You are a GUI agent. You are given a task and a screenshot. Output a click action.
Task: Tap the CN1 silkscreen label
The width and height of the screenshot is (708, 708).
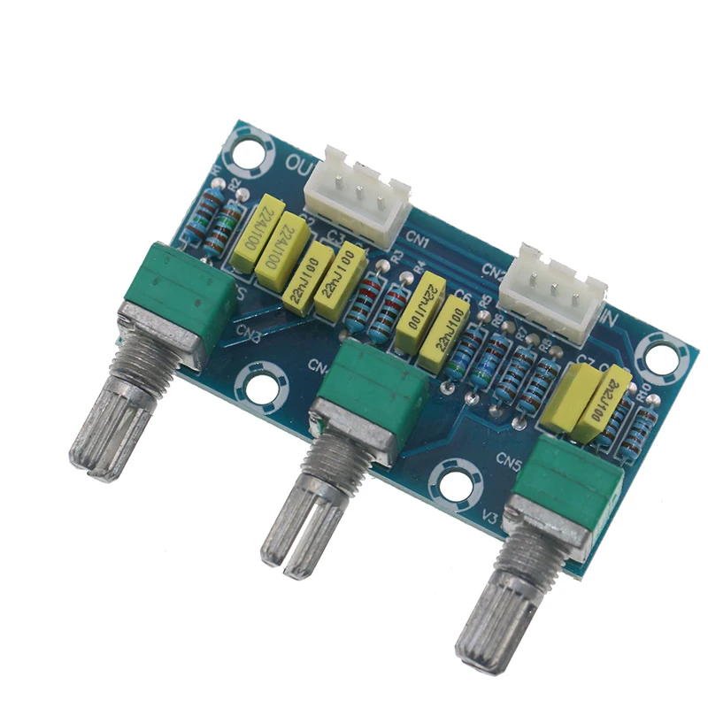pos(419,242)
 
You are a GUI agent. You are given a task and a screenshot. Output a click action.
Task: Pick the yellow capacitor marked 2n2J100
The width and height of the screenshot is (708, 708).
pos(604,403)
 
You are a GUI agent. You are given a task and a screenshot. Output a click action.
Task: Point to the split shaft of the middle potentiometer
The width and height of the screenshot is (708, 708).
pos(301,513)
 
